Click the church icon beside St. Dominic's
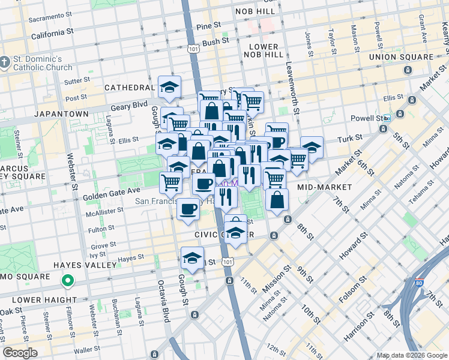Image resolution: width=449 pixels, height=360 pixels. pos(5,61)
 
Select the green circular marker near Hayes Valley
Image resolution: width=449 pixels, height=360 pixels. pos(68,280)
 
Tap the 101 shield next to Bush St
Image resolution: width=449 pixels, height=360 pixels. pos(193,47)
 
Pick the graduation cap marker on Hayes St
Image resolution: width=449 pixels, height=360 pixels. pos(192,258)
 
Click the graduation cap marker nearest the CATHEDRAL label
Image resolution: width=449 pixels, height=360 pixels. pos(169,87)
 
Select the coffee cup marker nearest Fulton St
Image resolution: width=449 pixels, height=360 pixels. pos(189,209)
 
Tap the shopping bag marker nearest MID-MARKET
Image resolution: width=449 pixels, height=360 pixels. pos(277,200)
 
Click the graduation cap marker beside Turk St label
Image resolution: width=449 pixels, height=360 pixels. pos(311,147)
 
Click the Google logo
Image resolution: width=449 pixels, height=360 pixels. pos(20,353)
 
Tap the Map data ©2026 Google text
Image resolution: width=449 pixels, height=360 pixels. pos(411,355)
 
